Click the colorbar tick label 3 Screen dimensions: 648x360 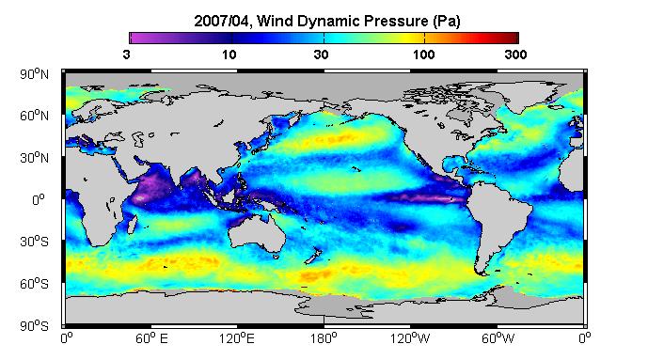coord(126,55)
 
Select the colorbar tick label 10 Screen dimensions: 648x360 coord(229,55)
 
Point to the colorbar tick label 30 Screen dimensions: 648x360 coord(321,55)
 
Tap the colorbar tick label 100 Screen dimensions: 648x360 coord(423,55)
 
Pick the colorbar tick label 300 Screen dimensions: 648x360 coord(515,55)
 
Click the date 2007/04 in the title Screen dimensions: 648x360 coord(222,21)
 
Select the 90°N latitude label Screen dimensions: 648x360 coord(34,74)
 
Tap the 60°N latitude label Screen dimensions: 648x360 coord(34,116)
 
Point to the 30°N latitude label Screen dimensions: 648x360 coord(34,158)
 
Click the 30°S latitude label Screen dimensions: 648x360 coord(34,242)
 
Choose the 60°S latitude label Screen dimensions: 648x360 coord(34,284)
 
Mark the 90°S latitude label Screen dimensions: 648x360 coord(34,326)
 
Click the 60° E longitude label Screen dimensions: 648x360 coord(151,338)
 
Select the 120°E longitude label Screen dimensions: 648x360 coord(237,338)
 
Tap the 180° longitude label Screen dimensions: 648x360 coord(324,338)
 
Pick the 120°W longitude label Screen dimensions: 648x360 coord(410,338)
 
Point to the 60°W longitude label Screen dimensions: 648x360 coord(498,338)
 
